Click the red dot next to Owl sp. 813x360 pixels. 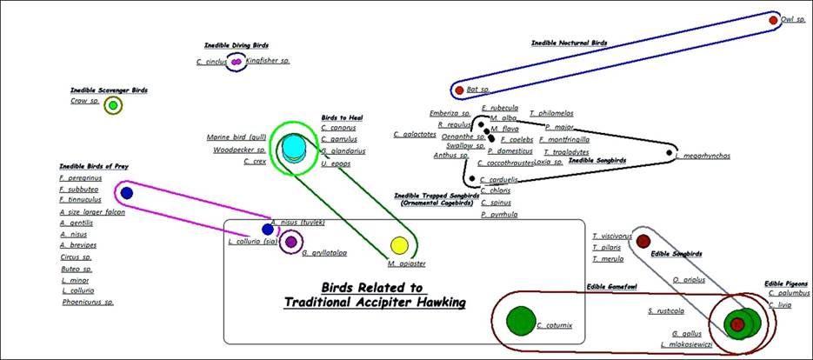click(774, 19)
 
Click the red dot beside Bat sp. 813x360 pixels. click(459, 90)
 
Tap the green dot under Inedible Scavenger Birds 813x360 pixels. click(111, 106)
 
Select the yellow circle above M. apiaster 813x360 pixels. click(399, 245)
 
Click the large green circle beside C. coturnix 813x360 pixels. click(521, 321)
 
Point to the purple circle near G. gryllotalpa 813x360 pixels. click(291, 242)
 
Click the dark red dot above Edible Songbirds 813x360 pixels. click(643, 240)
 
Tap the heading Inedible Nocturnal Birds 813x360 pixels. click(569, 43)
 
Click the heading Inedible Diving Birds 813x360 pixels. click(237, 44)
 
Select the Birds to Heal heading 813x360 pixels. click(342, 117)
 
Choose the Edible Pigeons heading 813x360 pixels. click(786, 283)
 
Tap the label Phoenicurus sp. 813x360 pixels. click(87, 303)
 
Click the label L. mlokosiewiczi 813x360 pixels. click(688, 344)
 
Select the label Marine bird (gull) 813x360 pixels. click(236, 137)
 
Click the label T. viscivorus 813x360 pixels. click(612, 236)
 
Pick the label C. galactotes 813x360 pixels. click(414, 134)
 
